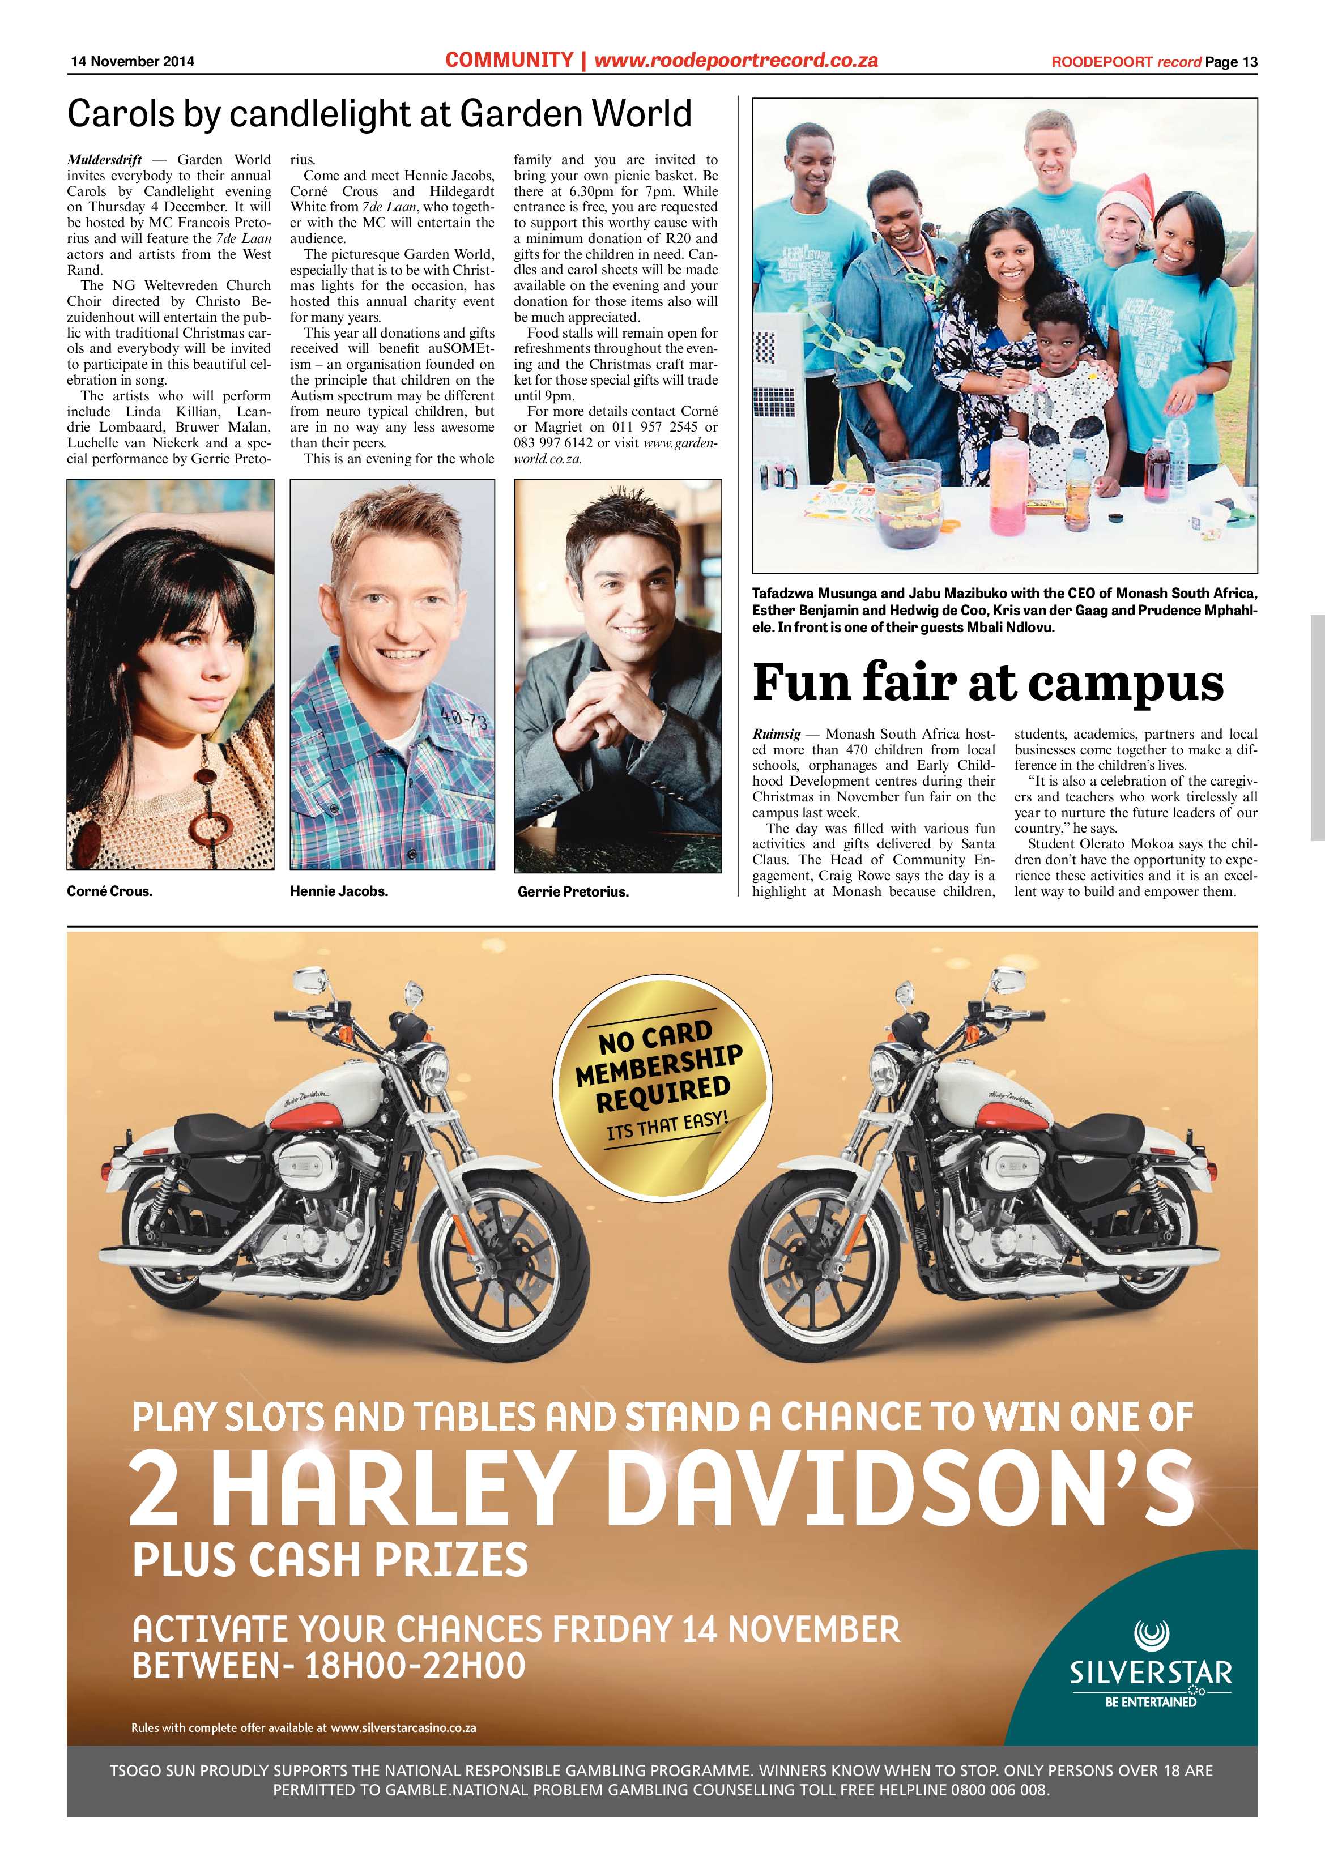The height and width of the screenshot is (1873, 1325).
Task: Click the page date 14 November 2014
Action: coord(132,61)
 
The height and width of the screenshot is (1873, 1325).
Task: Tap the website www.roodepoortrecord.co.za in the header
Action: coord(735,59)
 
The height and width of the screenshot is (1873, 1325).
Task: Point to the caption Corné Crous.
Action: coord(109,891)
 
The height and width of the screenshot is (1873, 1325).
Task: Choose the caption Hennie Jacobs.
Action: coord(339,891)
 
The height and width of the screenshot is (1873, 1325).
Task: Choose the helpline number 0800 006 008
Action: coord(998,1790)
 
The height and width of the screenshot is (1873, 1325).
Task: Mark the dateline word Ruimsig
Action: coord(776,734)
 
